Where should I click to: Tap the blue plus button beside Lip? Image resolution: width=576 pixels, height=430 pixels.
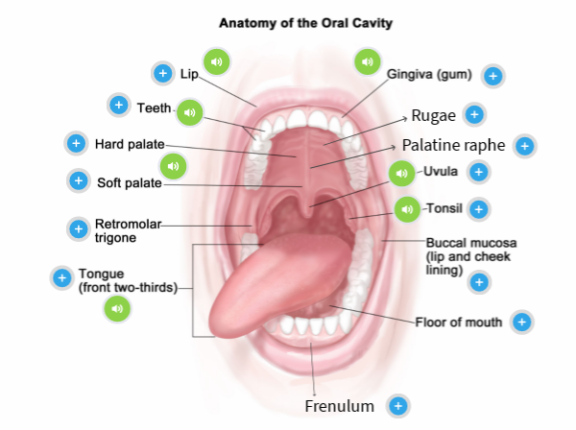pyautogui.click(x=162, y=73)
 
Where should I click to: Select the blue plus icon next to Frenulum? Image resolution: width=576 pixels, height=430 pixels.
pyautogui.click(x=396, y=406)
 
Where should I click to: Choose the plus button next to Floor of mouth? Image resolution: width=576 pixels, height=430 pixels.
pyautogui.click(x=521, y=322)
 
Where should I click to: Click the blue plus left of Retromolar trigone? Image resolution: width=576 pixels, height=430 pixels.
pyautogui.click(x=79, y=229)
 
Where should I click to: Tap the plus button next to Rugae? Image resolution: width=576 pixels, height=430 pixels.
pyautogui.click(x=473, y=115)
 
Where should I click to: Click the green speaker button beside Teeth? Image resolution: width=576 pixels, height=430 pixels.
pyautogui.click(x=190, y=112)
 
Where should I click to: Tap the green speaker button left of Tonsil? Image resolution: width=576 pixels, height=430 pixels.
pyautogui.click(x=407, y=209)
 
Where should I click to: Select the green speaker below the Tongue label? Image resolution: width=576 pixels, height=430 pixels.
pyautogui.click(x=116, y=308)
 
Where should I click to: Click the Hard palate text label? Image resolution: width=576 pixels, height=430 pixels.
pyautogui.click(x=127, y=145)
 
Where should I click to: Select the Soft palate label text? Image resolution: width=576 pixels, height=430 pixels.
pyautogui.click(x=129, y=181)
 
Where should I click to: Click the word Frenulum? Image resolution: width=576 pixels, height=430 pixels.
pyautogui.click(x=339, y=406)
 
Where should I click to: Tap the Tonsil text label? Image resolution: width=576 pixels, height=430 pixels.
pyautogui.click(x=444, y=208)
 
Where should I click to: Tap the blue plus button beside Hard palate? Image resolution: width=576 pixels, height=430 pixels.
pyautogui.click(x=76, y=144)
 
